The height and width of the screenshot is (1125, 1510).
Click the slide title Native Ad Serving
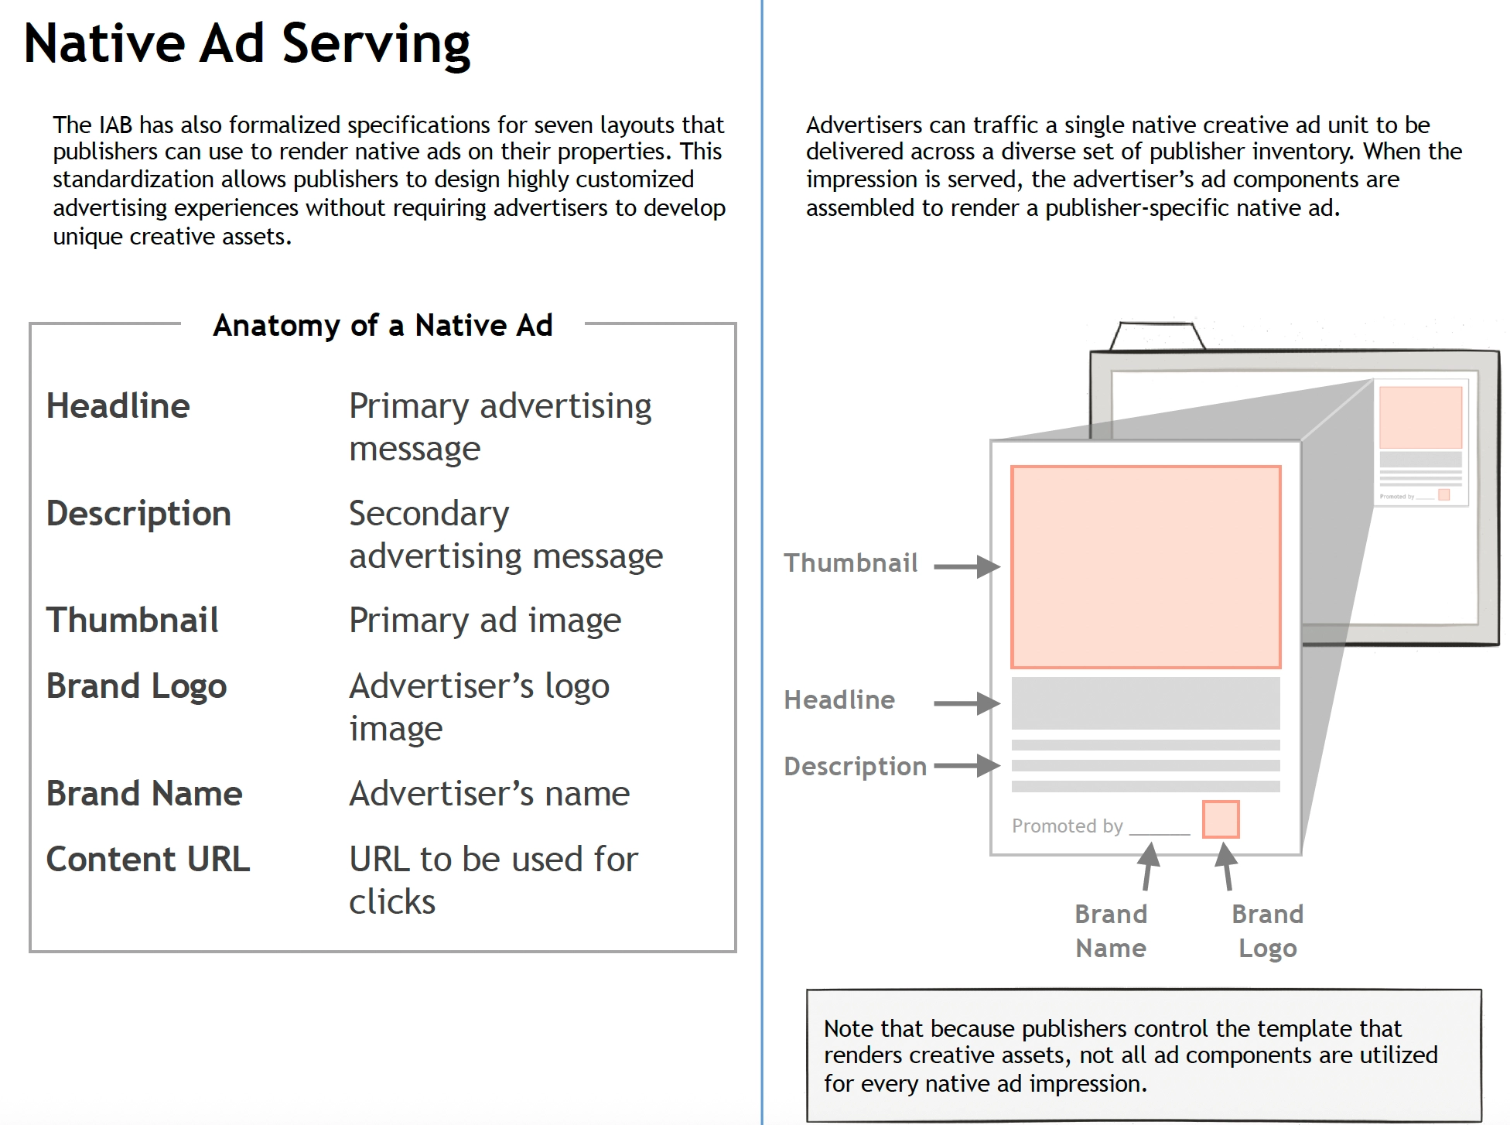click(x=247, y=43)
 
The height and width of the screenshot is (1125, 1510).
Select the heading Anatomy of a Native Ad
click(x=383, y=326)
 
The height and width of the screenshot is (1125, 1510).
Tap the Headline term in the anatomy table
click(x=118, y=406)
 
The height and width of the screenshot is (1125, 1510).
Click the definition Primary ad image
click(x=485, y=621)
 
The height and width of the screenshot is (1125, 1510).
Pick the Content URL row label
click(x=149, y=860)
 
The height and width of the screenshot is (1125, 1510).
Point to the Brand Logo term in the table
click(x=137, y=686)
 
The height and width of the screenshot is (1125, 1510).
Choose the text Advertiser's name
click(x=490, y=794)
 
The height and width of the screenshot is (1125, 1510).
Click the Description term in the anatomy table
click(x=139, y=514)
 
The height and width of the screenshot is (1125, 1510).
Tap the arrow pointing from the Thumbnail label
click(x=966, y=566)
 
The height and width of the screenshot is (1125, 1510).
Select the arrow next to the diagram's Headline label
click(x=966, y=703)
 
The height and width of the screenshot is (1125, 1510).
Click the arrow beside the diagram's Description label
click(x=966, y=766)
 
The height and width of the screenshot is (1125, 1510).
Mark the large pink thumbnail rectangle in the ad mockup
click(x=1146, y=566)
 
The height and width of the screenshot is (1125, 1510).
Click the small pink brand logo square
click(x=1221, y=819)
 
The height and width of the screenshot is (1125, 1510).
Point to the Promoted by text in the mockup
click(x=1067, y=826)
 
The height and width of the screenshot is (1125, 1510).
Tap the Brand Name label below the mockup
click(x=1111, y=931)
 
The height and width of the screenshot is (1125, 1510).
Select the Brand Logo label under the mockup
click(x=1267, y=931)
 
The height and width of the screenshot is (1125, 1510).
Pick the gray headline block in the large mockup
click(x=1146, y=703)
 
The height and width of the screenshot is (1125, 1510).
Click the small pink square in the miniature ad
click(x=1443, y=494)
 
